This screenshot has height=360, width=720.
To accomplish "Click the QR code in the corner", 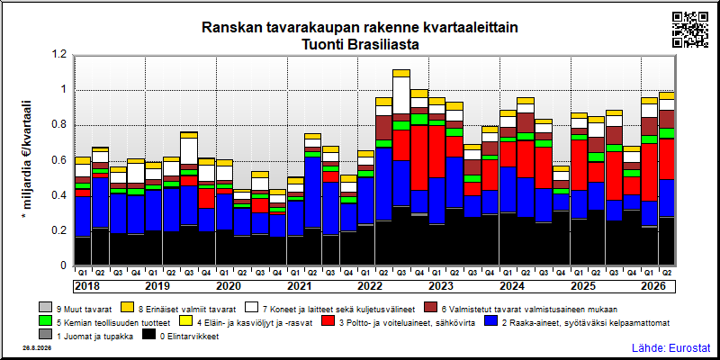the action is point(690,30).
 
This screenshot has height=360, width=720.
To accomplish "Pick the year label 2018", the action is point(87,286).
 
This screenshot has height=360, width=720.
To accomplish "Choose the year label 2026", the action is point(653,286).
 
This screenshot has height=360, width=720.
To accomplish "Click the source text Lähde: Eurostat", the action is point(670,347).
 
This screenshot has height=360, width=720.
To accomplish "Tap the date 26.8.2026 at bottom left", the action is point(37,348).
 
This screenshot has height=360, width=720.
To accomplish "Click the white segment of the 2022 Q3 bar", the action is point(401,95).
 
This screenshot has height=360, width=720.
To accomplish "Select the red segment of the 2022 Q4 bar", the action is point(419,157).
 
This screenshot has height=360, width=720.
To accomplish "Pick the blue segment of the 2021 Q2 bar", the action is point(312,192).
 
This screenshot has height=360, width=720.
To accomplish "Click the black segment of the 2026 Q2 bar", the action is point(666,241).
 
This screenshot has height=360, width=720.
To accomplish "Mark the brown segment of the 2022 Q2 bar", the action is point(384,128).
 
